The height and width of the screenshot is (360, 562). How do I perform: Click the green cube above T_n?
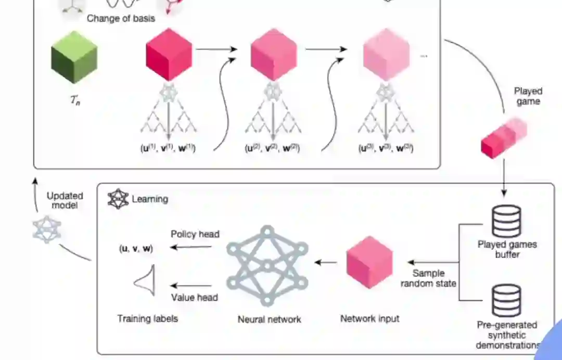coord(74,57)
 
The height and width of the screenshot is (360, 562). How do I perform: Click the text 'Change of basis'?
coord(121,19)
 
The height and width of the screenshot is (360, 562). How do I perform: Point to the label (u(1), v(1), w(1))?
coord(168,148)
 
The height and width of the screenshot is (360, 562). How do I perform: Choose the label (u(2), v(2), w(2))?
coord(273,148)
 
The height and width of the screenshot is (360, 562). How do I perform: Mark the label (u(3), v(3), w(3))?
coord(385,148)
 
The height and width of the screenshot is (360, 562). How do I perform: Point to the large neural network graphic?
coord(267,266)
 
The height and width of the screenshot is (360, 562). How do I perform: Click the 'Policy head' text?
coord(195,234)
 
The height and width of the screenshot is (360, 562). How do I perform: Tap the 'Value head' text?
coord(195,298)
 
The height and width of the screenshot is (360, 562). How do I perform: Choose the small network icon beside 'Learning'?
coord(118,198)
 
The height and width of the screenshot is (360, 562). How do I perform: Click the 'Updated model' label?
coord(65,200)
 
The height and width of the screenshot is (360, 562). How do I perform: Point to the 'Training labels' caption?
coord(147,318)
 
